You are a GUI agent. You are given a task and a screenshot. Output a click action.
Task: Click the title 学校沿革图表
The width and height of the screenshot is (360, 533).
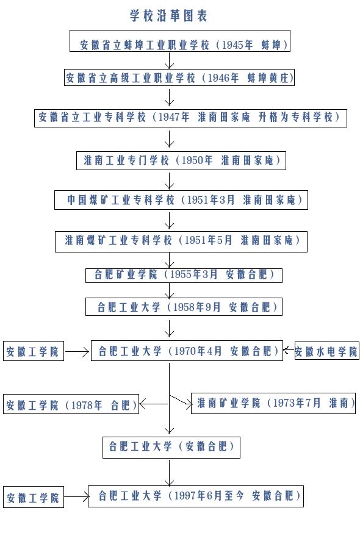[x=169, y=16]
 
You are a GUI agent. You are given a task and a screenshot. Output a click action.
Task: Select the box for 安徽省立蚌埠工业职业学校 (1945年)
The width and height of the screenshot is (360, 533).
[x=178, y=45]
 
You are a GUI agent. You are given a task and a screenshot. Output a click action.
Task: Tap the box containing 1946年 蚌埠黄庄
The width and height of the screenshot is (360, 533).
[x=179, y=78]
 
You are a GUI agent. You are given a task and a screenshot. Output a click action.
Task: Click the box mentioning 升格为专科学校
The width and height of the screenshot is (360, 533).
[x=190, y=118]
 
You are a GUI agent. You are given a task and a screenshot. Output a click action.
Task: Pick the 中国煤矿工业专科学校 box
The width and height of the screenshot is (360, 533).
[x=181, y=200]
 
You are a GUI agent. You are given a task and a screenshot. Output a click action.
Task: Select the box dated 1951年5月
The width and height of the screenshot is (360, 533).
[x=181, y=240]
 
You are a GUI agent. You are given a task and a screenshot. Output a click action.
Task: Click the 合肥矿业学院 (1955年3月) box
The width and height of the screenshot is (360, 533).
[x=183, y=274]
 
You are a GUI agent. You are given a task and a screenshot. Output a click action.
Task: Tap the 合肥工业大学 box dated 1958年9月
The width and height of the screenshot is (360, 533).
[x=183, y=307]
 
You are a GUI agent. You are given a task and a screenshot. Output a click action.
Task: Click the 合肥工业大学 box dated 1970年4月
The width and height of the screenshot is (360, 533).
[x=186, y=351]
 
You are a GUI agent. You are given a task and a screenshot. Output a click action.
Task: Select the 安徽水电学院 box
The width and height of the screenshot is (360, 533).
[x=326, y=352]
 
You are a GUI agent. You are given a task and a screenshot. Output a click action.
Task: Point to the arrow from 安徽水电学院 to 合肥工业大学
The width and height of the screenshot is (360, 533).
[x=288, y=351]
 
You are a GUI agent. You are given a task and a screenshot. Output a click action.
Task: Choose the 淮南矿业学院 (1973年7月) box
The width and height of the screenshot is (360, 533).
[x=273, y=403]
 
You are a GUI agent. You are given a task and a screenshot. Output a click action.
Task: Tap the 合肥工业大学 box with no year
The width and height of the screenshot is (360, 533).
[x=171, y=447]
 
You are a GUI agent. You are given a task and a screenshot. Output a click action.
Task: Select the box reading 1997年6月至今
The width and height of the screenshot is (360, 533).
[x=195, y=496]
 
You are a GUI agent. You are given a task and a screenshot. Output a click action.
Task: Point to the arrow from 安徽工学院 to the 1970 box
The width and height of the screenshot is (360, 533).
[x=77, y=352]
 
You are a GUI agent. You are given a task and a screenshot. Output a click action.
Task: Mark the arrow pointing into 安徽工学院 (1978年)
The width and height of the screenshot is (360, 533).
[x=154, y=404]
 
